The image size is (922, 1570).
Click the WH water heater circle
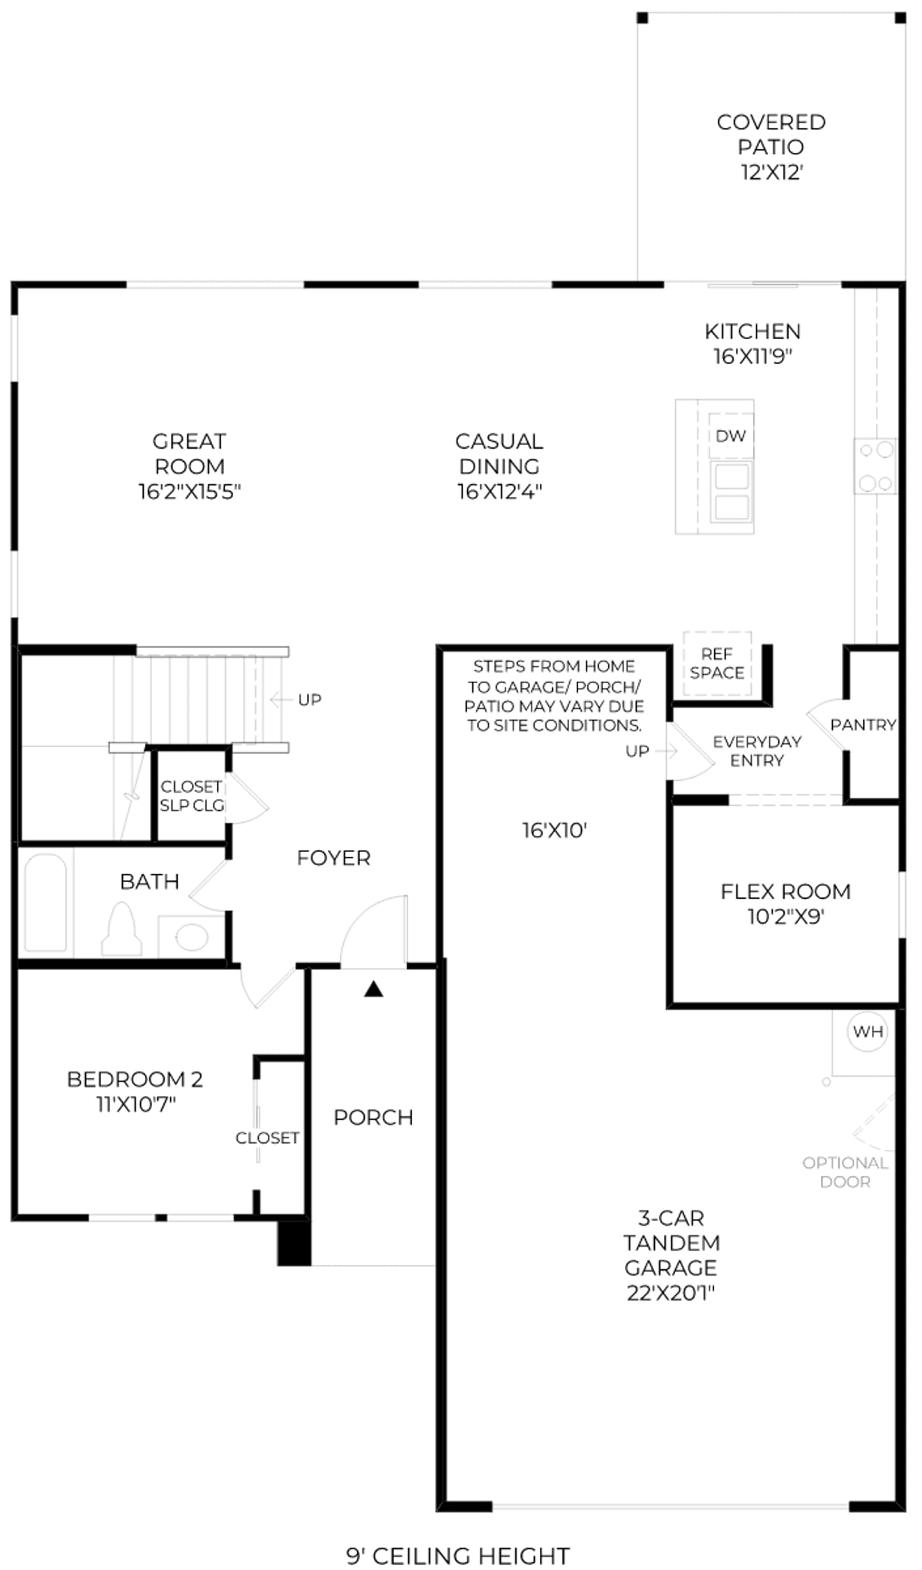click(868, 1031)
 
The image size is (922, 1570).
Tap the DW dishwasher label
click(730, 436)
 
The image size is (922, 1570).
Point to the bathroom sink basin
click(192, 936)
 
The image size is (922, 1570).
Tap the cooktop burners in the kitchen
click(876, 466)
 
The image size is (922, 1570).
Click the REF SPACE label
click(717, 663)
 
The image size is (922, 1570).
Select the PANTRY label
click(863, 724)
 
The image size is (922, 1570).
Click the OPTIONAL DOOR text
click(845, 1172)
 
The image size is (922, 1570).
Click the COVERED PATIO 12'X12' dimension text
click(772, 172)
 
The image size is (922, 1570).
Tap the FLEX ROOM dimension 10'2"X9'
click(786, 916)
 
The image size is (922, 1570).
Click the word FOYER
click(333, 858)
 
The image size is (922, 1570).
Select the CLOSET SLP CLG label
click(192, 795)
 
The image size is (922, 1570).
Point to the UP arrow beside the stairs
click(280, 699)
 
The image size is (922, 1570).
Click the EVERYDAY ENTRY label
click(757, 751)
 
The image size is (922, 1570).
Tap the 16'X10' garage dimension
click(554, 830)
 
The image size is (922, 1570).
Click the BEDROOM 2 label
click(135, 1079)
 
